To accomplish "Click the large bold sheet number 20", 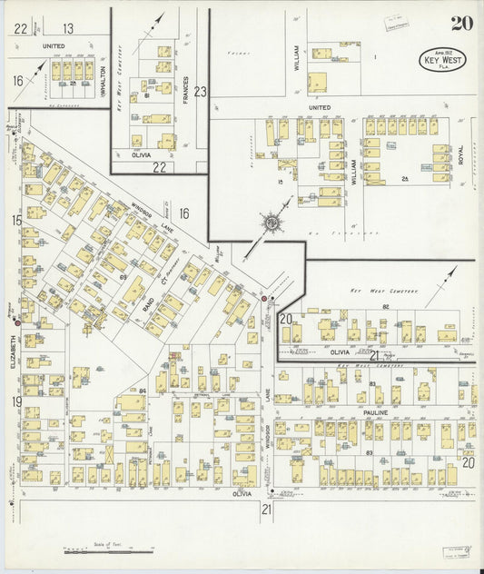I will click(x=460, y=24).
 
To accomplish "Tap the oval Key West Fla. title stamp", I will click(x=441, y=59).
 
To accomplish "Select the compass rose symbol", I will click(x=271, y=222).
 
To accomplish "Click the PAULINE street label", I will click(x=376, y=413).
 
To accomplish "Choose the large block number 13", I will click(x=68, y=29).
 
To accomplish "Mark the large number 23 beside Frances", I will click(x=201, y=91).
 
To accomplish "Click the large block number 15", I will click(x=16, y=221).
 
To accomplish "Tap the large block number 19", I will click(x=16, y=401).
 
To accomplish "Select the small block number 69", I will click(x=122, y=275).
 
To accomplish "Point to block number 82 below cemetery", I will click(x=385, y=308).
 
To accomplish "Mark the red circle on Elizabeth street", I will click(x=17, y=322).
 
